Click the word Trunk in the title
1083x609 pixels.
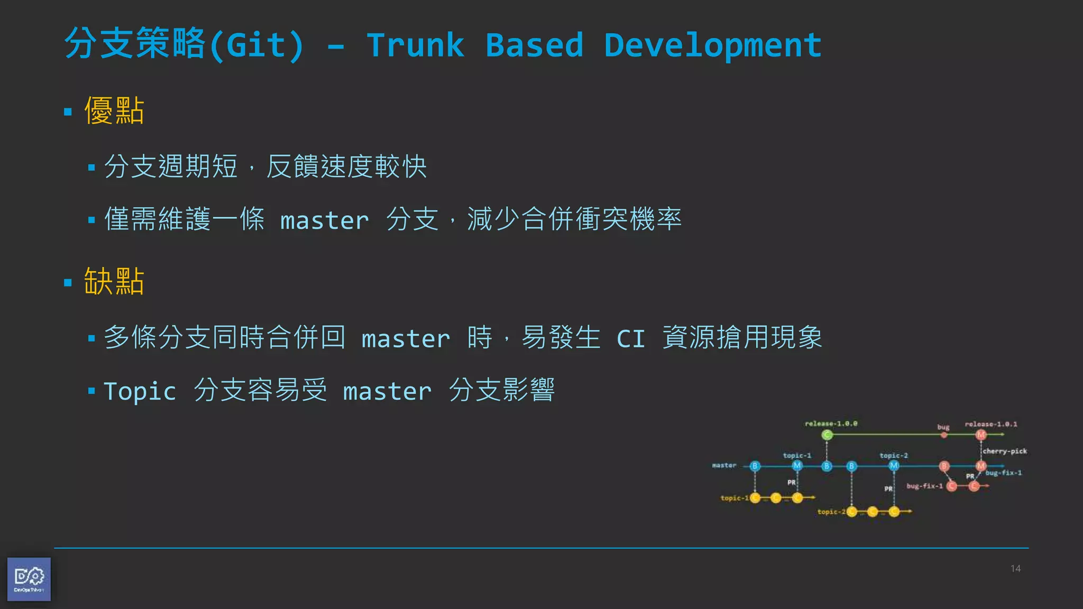tap(415, 45)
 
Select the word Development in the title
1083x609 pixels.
tap(712, 45)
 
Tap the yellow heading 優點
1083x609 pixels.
tap(114, 111)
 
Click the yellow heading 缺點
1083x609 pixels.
tap(114, 281)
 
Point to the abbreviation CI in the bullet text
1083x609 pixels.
tap(631, 339)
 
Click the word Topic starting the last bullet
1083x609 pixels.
tap(140, 392)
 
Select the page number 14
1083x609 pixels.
tap(1015, 569)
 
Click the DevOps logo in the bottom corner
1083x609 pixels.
tap(29, 579)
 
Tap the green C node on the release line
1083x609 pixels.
tap(827, 435)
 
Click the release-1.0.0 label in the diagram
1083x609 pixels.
tap(831, 423)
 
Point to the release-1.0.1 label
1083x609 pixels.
tap(990, 424)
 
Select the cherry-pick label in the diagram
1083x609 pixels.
tap(1004, 451)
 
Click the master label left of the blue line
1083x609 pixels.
tap(724, 465)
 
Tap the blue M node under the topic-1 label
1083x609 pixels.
tap(797, 466)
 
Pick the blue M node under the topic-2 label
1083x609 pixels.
tap(894, 466)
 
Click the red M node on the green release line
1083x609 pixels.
tap(981, 435)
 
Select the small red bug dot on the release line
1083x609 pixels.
tap(944, 435)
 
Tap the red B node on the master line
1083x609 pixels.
tap(944, 466)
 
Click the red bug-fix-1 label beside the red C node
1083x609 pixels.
tap(924, 486)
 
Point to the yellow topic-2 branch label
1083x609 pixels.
tap(831, 512)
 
